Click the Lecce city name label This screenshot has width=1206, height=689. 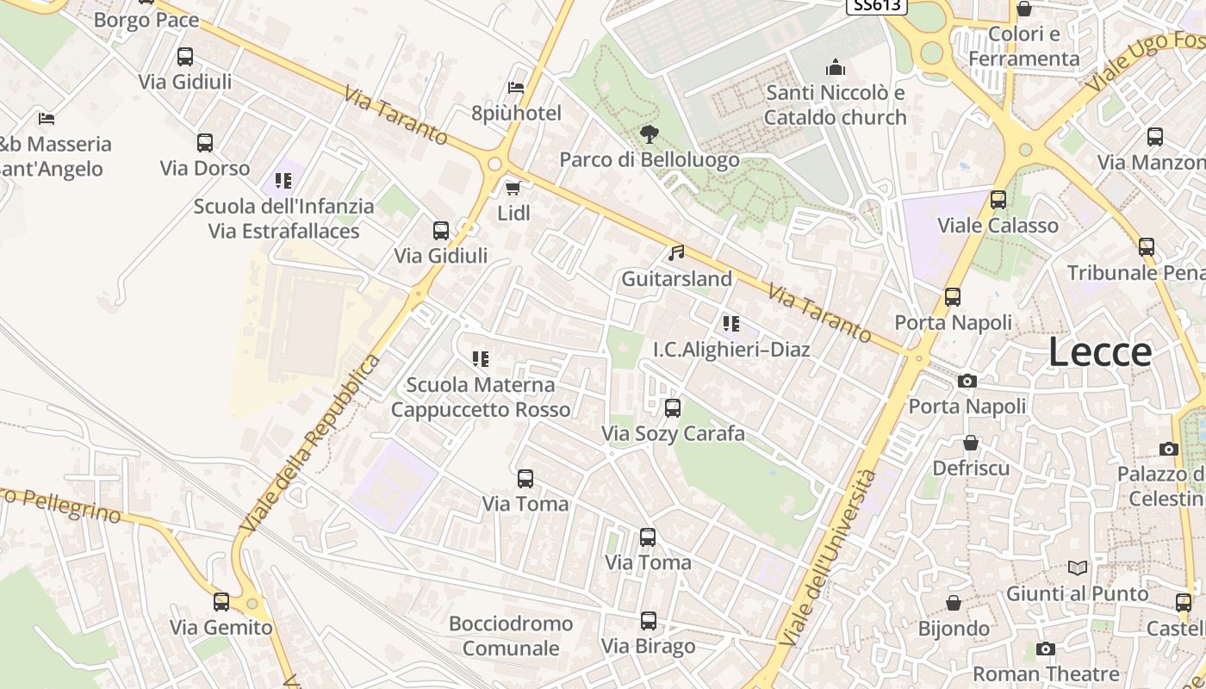click(x=1100, y=352)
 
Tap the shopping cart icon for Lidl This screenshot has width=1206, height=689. click(x=513, y=188)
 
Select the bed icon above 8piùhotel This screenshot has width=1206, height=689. click(x=516, y=88)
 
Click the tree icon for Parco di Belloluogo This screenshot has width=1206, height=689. click(x=650, y=134)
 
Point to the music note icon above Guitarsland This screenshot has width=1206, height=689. click(x=677, y=253)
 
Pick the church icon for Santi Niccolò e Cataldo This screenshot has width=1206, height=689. click(x=836, y=67)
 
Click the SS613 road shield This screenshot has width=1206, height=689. click(x=877, y=6)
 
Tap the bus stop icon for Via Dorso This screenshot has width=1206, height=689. click(x=205, y=143)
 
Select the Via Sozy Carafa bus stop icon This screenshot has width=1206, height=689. click(x=673, y=408)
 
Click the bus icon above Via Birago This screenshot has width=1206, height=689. click(x=649, y=621)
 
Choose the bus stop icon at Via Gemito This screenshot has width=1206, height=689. click(x=221, y=602)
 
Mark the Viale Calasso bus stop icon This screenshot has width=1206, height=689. click(x=998, y=200)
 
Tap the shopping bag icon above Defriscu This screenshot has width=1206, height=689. click(x=971, y=443)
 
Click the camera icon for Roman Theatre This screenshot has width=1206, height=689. click(x=1046, y=649)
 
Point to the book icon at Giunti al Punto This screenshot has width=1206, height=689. click(x=1078, y=568)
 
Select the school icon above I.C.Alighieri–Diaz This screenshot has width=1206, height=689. click(x=731, y=324)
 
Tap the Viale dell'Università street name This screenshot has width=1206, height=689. click(x=827, y=558)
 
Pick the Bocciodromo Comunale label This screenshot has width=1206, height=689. click(x=511, y=636)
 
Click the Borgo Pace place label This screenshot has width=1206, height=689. click(x=146, y=20)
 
